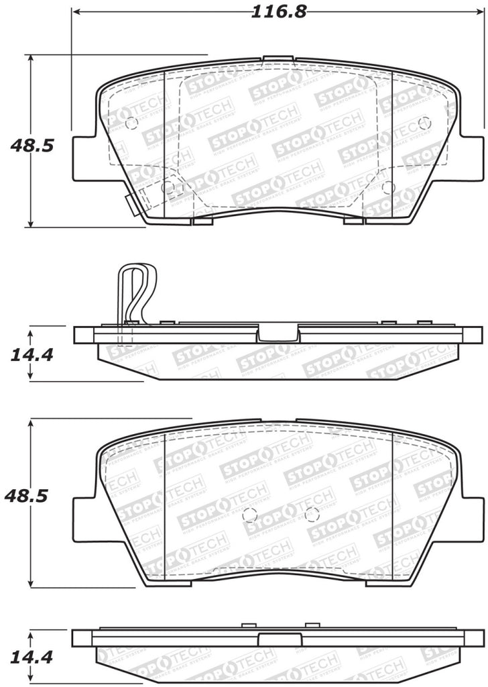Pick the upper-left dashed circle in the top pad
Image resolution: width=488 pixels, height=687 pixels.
[x=131, y=123]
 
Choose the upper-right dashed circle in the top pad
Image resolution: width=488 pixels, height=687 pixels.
[x=423, y=123]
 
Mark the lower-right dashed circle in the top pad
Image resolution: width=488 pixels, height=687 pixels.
[x=387, y=187]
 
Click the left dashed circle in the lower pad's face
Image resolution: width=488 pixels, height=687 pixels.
[x=249, y=515]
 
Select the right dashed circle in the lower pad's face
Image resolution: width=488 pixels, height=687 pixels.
[x=310, y=515]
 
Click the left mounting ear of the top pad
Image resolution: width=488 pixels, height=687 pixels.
[x=84, y=158]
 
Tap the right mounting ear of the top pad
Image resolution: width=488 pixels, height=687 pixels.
[x=471, y=158]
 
